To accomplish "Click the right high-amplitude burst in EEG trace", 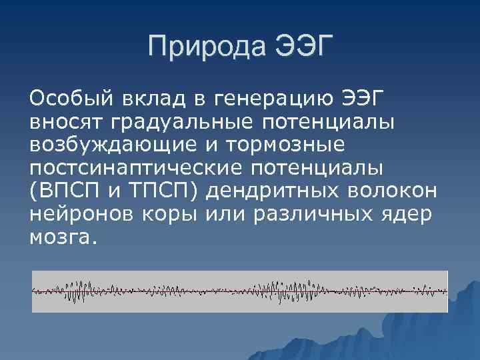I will pos(293,291).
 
